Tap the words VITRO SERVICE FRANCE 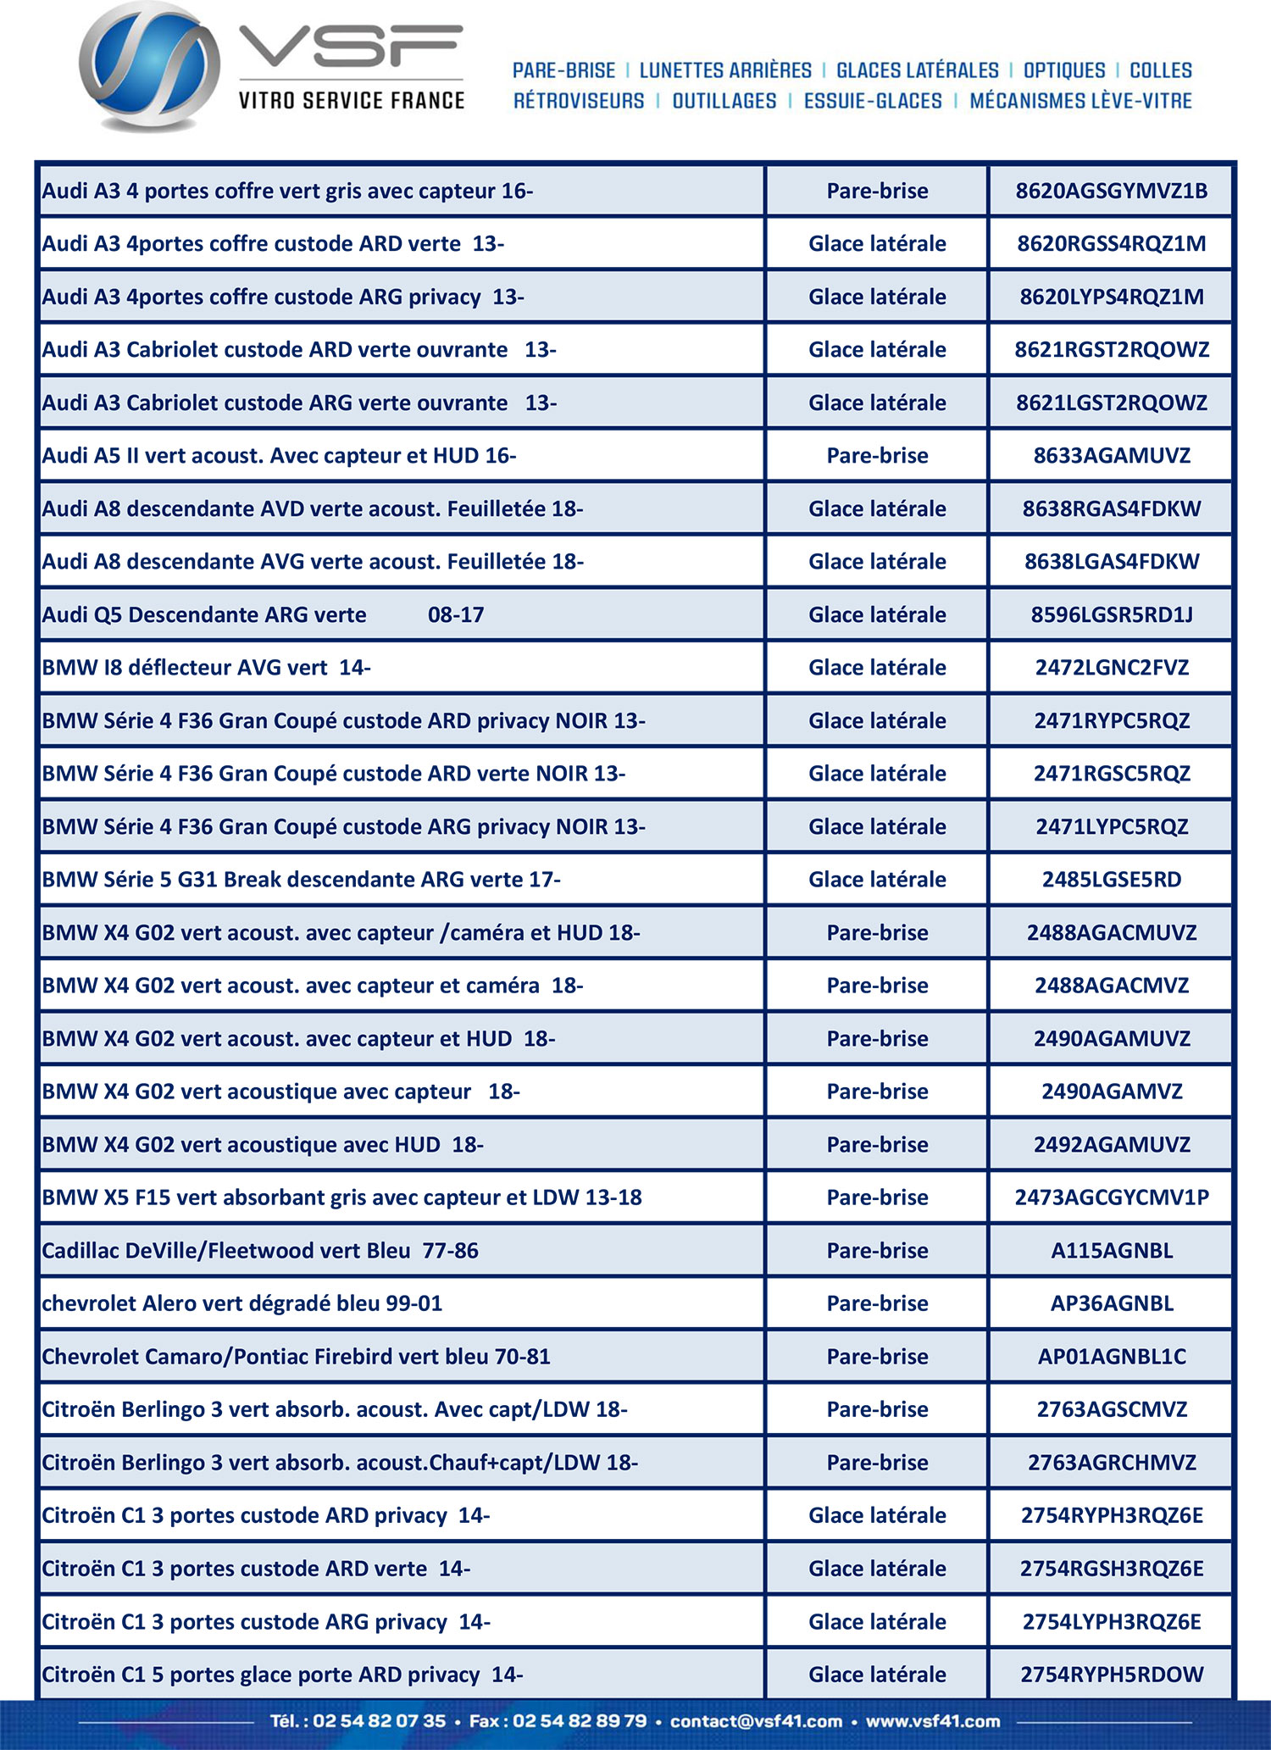click(x=352, y=101)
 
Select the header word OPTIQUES click(x=1064, y=70)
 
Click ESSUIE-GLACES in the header click(x=873, y=101)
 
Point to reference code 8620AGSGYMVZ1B click(x=1112, y=191)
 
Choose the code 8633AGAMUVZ click(x=1112, y=456)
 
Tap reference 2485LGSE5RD click(x=1112, y=880)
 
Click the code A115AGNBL click(x=1112, y=1251)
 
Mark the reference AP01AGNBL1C click(x=1112, y=1357)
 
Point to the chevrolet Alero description click(x=242, y=1303)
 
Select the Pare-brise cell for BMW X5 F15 click(x=877, y=1197)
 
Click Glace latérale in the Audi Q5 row click(x=877, y=614)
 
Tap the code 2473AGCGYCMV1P click(x=1112, y=1197)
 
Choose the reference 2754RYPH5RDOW click(x=1112, y=1675)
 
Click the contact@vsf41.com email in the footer click(x=756, y=1721)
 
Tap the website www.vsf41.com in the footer click(x=933, y=1721)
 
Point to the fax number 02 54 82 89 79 click(x=580, y=1721)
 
